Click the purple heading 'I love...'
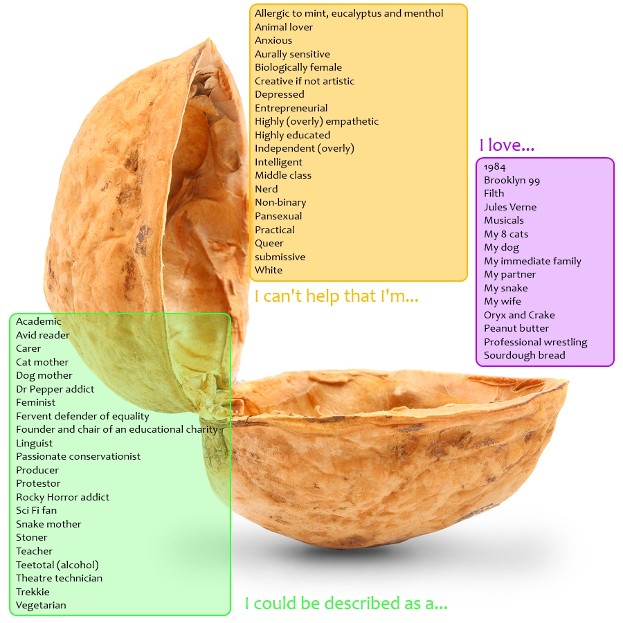(x=507, y=145)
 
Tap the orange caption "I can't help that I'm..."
(x=336, y=296)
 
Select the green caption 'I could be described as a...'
(x=346, y=604)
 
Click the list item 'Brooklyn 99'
(x=512, y=180)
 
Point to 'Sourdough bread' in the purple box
(x=524, y=355)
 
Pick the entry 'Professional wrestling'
(x=535, y=342)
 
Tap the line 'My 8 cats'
(x=506, y=234)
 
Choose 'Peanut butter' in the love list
(x=516, y=328)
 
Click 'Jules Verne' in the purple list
(x=510, y=207)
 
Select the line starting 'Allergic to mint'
(x=349, y=13)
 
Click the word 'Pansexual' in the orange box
(x=278, y=216)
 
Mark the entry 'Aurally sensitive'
(x=292, y=54)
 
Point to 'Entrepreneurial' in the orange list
(x=291, y=108)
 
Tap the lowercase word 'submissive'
(x=280, y=257)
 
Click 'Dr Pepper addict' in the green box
(x=55, y=389)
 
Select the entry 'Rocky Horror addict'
(x=62, y=497)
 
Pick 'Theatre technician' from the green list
(x=59, y=578)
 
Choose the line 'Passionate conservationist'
(x=78, y=456)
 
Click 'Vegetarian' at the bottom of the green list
(x=41, y=605)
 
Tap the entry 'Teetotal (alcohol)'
(x=57, y=565)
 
